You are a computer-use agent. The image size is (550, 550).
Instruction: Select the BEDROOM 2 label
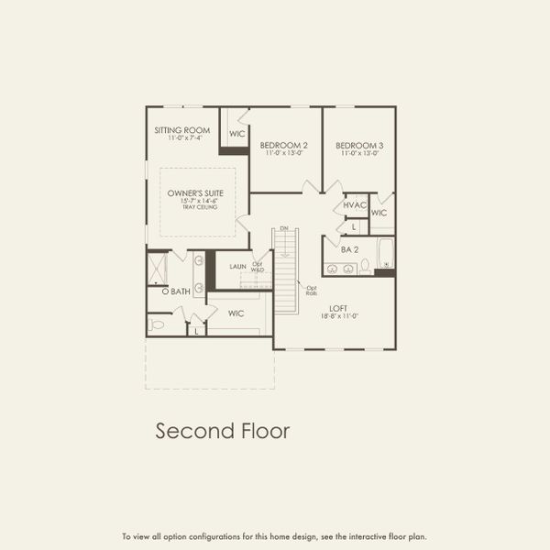tap(283, 145)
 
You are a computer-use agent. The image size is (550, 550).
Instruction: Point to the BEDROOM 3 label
tap(358, 145)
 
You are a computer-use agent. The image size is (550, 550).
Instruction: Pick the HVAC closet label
tap(355, 205)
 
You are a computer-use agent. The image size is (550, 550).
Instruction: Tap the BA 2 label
tap(348, 249)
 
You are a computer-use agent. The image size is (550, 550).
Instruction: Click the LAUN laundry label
tap(238, 267)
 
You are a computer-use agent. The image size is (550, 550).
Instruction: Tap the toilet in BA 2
tap(365, 267)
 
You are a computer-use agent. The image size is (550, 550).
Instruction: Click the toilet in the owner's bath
tap(157, 324)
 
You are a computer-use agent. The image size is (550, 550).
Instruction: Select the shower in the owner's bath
tap(158, 268)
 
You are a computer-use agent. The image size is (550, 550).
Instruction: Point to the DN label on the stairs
tap(284, 227)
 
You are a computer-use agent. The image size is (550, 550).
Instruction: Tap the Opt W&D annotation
tap(258, 268)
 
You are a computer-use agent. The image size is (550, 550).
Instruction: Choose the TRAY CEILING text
tap(197, 208)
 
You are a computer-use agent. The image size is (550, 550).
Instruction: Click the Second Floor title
tap(222, 430)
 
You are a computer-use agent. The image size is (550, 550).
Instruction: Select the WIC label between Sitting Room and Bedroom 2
tap(237, 134)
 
